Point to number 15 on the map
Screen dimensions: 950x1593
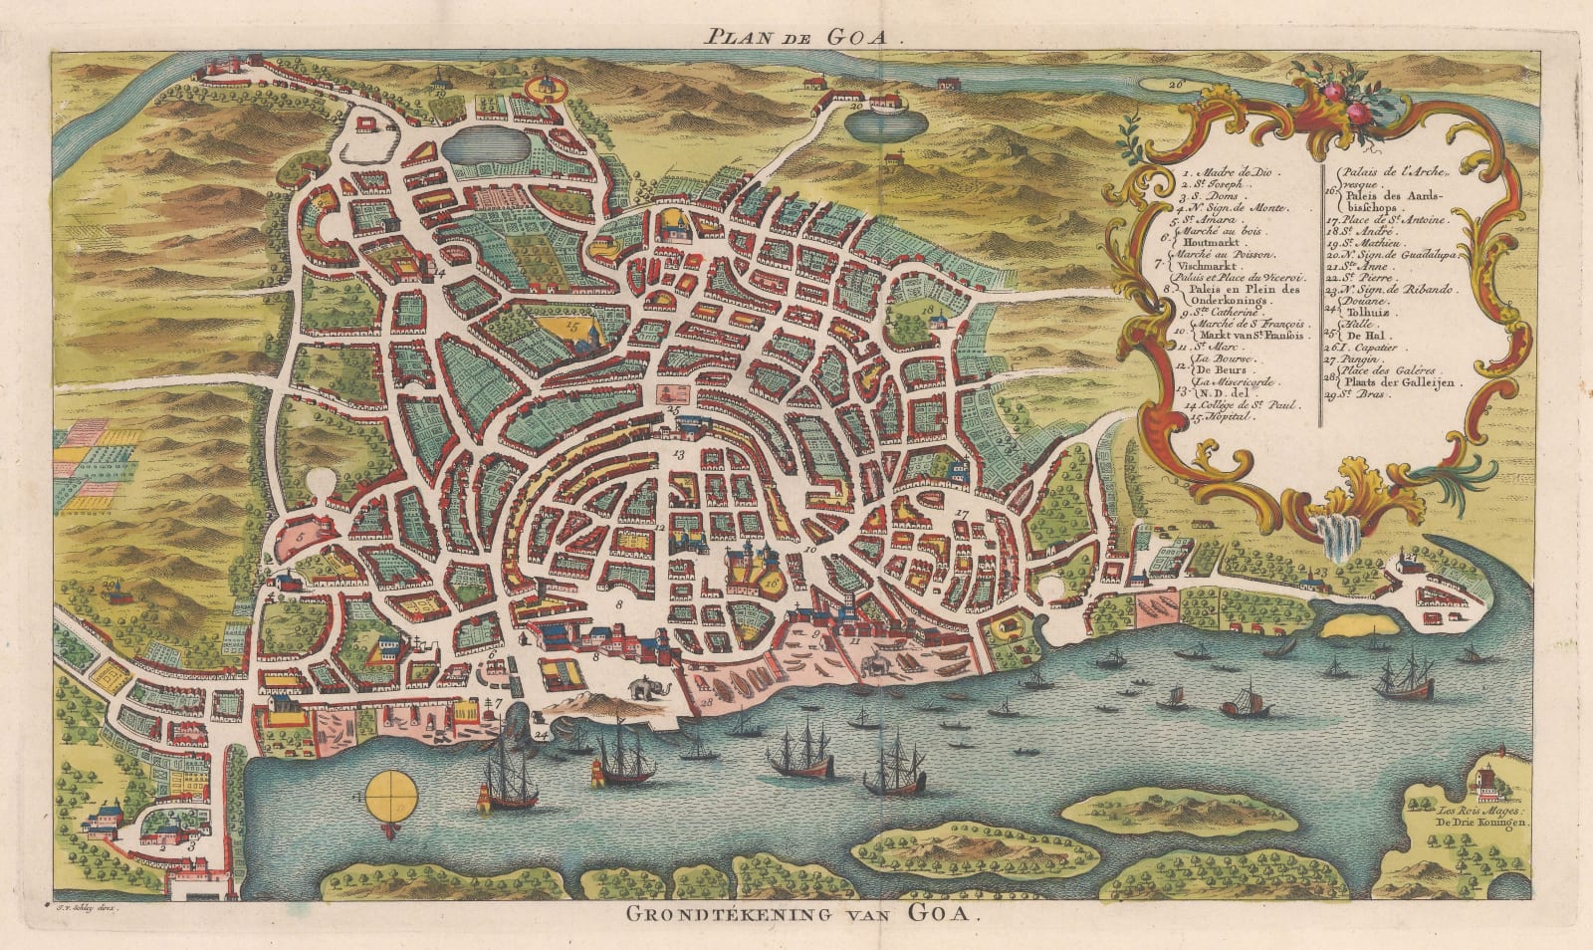coord(571,325)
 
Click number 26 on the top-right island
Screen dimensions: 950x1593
coord(1176,85)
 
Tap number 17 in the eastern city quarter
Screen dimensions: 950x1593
coord(961,514)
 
